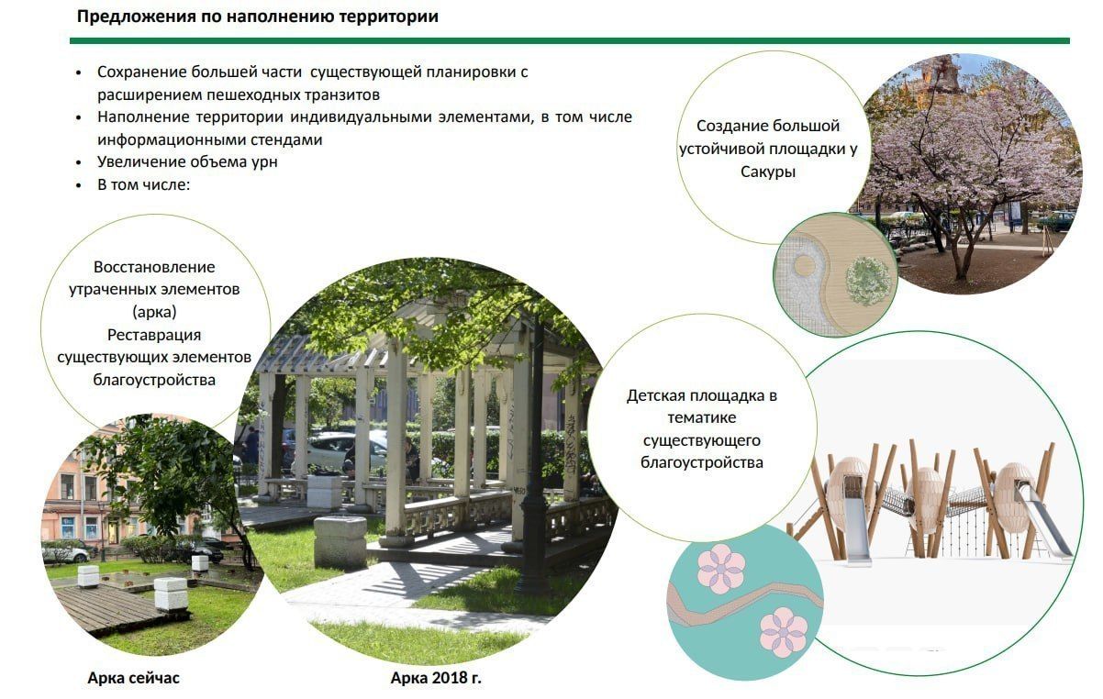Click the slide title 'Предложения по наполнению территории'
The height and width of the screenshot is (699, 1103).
pos(258,17)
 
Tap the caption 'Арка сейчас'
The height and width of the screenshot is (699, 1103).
pos(133,678)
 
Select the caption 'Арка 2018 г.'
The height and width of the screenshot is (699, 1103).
pos(436,678)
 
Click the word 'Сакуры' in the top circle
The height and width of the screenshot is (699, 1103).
pos(768,172)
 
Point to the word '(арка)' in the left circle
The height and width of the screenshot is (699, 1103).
pos(154,312)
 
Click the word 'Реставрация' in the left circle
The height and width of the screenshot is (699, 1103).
pos(154,335)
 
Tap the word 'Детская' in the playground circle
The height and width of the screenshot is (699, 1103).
pos(656,395)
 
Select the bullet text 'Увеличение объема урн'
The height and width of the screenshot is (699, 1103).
pos(187,162)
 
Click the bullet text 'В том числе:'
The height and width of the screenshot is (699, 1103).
pos(143,185)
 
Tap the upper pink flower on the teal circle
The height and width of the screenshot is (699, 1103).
pos(721,568)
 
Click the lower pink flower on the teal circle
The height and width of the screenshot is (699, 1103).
pos(784,632)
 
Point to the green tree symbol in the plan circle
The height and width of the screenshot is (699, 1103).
pos(868,281)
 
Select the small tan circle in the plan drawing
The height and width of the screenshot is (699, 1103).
pos(805,266)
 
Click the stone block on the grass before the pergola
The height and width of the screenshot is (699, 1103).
pos(340,542)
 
